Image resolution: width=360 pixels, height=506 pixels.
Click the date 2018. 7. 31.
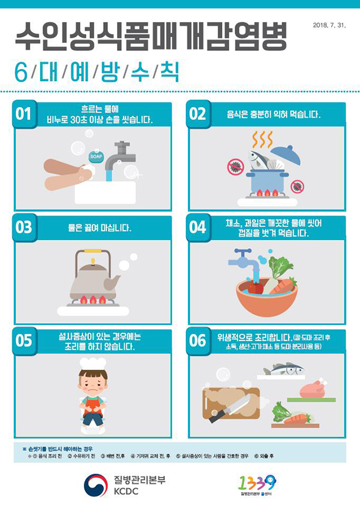329,25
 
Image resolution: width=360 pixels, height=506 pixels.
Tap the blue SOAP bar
96,156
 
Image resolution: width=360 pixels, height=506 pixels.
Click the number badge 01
24,114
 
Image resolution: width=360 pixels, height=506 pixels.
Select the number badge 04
198,227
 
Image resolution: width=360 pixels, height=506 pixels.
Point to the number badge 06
198,341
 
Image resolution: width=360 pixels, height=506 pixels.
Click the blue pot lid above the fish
286,155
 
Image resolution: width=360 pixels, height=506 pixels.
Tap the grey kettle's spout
112,283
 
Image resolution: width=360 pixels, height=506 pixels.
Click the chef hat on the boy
93,363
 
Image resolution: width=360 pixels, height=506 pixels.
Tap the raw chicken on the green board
313,389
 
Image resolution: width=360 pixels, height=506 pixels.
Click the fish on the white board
283,369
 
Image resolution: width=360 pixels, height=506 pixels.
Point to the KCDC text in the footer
126,491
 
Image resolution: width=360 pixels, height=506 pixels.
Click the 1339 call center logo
257,483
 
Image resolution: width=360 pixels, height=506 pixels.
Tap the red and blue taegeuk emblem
95,485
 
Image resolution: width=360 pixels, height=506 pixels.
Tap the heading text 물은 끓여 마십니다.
100,228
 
